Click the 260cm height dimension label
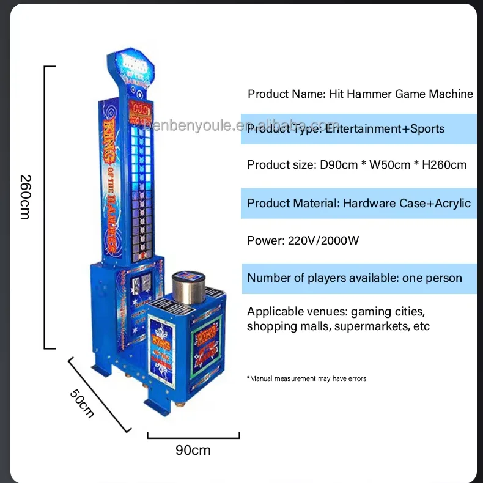[25, 197]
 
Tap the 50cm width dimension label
[81, 404]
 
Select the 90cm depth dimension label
[193, 451]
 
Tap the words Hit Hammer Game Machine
[401, 94]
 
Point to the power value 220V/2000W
[323, 240]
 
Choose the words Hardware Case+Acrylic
[407, 203]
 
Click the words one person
[432, 278]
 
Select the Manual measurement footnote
[307, 379]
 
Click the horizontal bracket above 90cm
[193, 436]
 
